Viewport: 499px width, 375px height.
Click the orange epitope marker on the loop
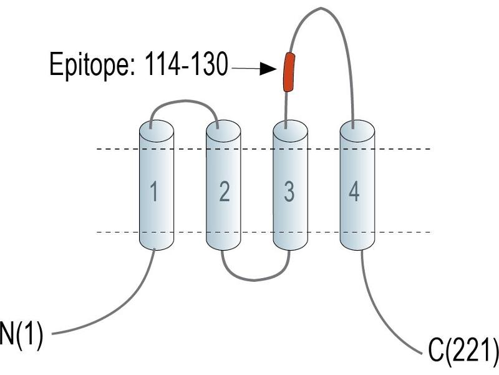click(x=289, y=72)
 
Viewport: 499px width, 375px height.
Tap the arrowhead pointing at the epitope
click(x=268, y=69)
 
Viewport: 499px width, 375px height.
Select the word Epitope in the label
click(x=91, y=66)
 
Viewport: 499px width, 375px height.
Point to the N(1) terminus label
click(x=21, y=334)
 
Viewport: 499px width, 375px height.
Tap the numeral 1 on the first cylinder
click(x=154, y=191)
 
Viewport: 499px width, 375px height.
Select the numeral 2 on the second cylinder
click(x=225, y=191)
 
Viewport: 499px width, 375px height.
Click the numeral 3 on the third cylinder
click(x=289, y=191)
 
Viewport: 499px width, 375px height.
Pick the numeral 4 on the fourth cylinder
click(x=354, y=191)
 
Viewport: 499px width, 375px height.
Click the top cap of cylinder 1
click(x=157, y=131)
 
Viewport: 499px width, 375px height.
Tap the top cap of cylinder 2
click(x=223, y=131)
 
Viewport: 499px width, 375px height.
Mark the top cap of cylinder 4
click(x=357, y=131)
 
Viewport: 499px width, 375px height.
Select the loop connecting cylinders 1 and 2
click(x=183, y=101)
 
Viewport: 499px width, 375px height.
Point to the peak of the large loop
click(x=321, y=8)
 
